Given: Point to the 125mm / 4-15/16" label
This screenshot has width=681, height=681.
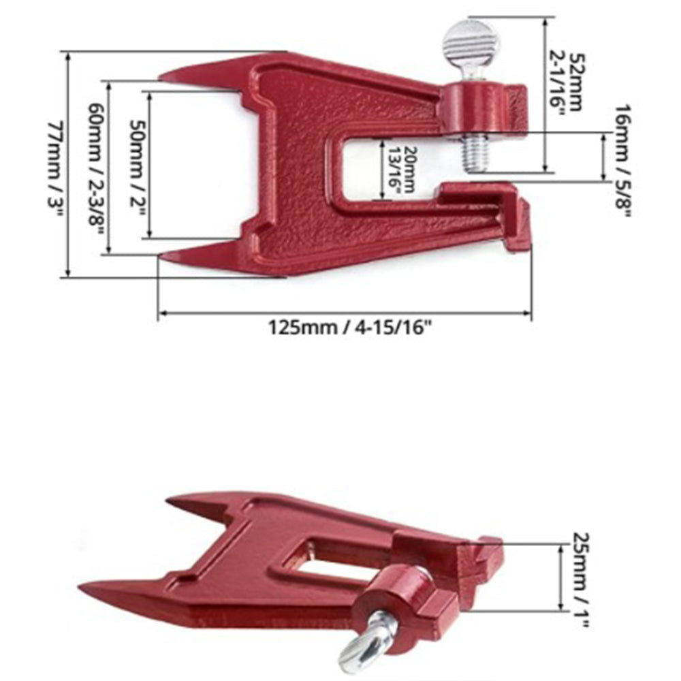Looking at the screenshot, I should pyautogui.click(x=350, y=328).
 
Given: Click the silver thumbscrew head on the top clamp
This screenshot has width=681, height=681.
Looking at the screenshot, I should pyautogui.click(x=470, y=42).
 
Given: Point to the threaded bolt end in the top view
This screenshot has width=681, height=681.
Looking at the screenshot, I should pyautogui.click(x=476, y=153).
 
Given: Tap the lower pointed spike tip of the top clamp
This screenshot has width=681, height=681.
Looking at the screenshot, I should pyautogui.click(x=163, y=257).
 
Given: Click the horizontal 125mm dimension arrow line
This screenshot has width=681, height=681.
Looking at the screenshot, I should pyautogui.click(x=345, y=313).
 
